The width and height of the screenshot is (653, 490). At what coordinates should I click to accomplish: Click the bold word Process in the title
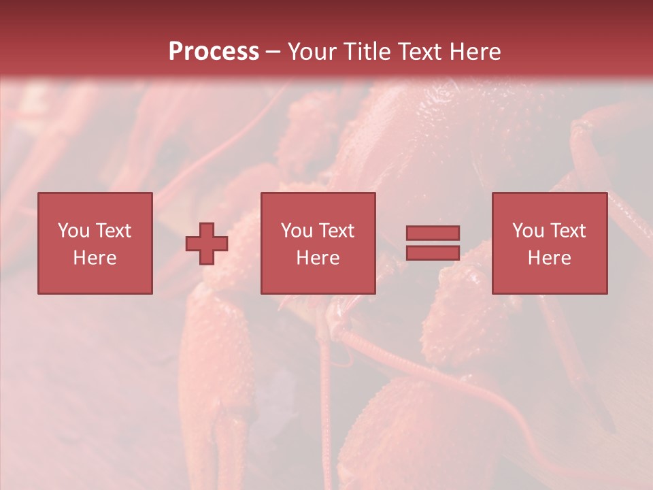(x=214, y=52)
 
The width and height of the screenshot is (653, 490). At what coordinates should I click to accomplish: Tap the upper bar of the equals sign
(x=433, y=233)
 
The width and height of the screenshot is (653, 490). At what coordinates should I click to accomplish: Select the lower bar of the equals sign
(x=433, y=252)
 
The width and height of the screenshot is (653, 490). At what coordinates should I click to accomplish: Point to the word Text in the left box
(x=112, y=231)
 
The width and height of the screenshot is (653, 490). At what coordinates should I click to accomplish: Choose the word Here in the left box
(x=95, y=258)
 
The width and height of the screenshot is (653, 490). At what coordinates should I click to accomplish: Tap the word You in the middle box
(x=297, y=231)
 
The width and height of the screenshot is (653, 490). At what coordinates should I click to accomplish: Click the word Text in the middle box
(x=335, y=231)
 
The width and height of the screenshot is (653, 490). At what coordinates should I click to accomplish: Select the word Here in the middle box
(x=318, y=258)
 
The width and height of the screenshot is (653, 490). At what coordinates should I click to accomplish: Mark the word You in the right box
(x=528, y=231)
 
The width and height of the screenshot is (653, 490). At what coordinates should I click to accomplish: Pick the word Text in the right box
(x=567, y=231)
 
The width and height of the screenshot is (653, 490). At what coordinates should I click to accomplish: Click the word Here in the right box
(x=549, y=258)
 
